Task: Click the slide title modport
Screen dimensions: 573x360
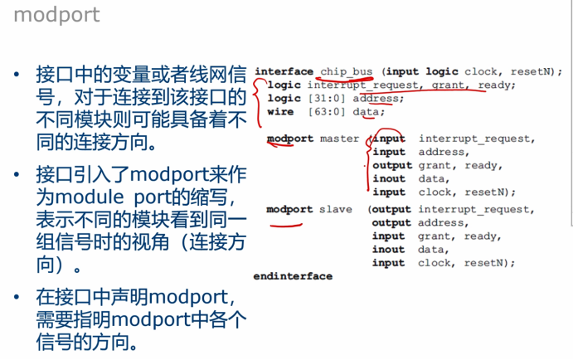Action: click(56, 15)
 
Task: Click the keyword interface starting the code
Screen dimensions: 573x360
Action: click(284, 71)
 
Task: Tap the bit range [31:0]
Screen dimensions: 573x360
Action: click(326, 99)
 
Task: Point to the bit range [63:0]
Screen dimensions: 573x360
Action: click(326, 112)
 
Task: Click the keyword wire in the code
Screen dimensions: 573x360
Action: click(280, 112)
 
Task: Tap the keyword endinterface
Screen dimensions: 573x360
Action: click(293, 276)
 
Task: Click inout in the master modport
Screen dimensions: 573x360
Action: click(389, 178)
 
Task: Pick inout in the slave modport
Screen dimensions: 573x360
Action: click(388, 249)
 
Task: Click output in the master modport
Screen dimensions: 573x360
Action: click(392, 165)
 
